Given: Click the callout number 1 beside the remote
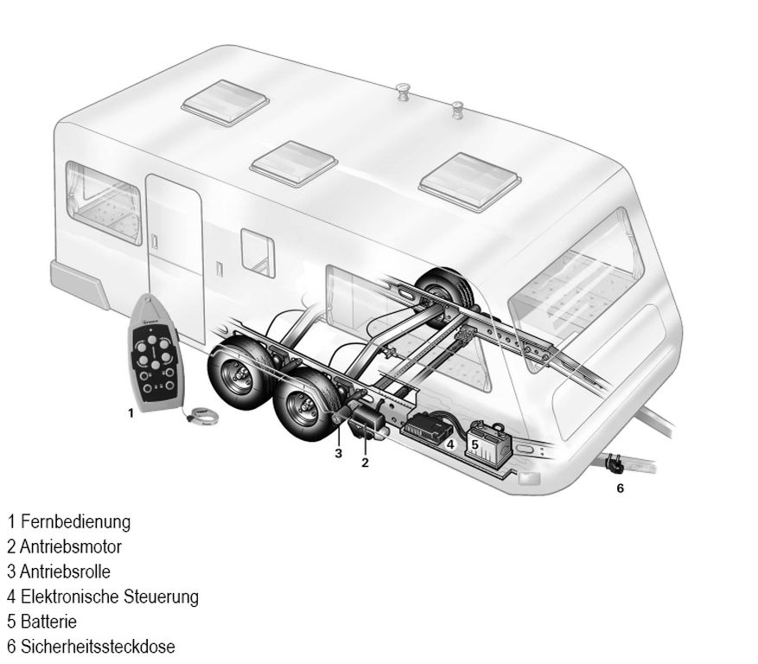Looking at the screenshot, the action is coord(130,413).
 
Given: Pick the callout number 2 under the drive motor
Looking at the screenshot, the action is coord(365,463).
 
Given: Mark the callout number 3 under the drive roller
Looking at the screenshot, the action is coord(339,453).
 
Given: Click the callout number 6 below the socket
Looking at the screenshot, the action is coord(621,488).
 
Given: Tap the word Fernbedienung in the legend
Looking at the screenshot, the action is coord(76,522).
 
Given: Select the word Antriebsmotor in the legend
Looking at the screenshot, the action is coord(71,547).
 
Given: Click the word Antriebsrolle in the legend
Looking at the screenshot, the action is coord(66,571).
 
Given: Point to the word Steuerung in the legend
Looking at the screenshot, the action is coord(161,597).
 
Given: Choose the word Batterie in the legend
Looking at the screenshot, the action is coord(48,622).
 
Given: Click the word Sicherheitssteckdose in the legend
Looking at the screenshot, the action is coord(99,647).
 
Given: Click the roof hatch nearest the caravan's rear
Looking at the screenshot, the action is coord(226,102).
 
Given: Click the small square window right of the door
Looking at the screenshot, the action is coord(258,253).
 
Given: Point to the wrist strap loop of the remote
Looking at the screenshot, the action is coord(203,416).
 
